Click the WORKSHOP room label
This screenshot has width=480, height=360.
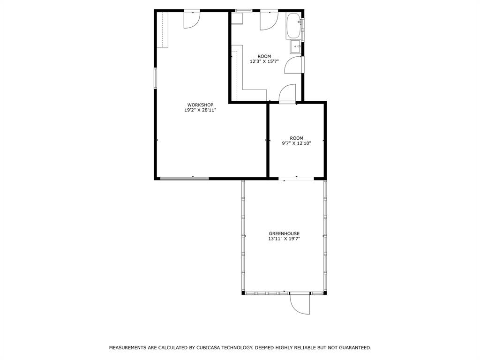click(200, 105)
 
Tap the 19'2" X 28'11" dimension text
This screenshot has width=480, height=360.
click(200, 110)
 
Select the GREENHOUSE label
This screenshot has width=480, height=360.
click(284, 233)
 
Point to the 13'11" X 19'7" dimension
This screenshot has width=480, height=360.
click(284, 239)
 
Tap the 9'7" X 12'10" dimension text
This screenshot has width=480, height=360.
click(296, 143)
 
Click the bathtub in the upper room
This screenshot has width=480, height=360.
click(294, 26)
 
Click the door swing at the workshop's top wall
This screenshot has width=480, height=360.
click(192, 20)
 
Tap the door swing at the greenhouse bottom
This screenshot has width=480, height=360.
click(300, 303)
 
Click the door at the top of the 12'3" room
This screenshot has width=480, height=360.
click(269, 20)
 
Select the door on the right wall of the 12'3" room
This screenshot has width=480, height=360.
click(294, 65)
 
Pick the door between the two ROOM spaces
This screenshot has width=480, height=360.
click(287, 94)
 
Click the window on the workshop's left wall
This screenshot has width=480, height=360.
click(155, 77)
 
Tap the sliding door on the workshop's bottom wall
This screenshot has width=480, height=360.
click(184, 178)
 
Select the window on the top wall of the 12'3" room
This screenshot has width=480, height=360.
click(244, 10)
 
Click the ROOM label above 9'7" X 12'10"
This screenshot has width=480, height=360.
click(296, 138)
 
